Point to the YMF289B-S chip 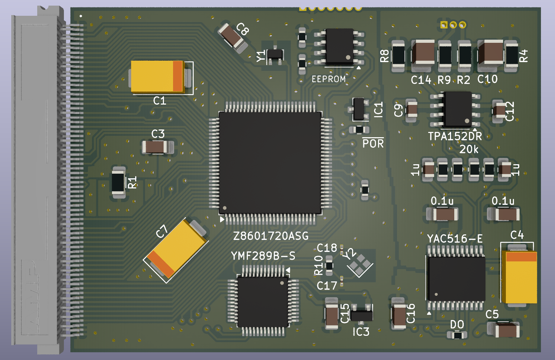[263, 302]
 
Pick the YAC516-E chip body [456, 279]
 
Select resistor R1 [118, 182]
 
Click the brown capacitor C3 [158, 147]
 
